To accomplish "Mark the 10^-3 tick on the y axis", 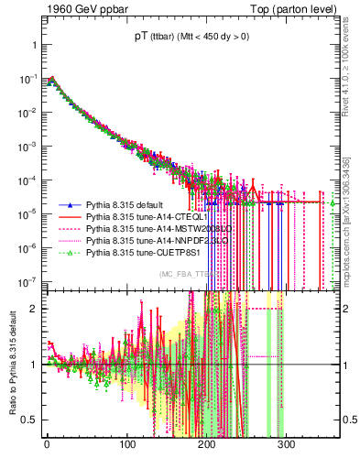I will pyautogui.click(x=27, y=146).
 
